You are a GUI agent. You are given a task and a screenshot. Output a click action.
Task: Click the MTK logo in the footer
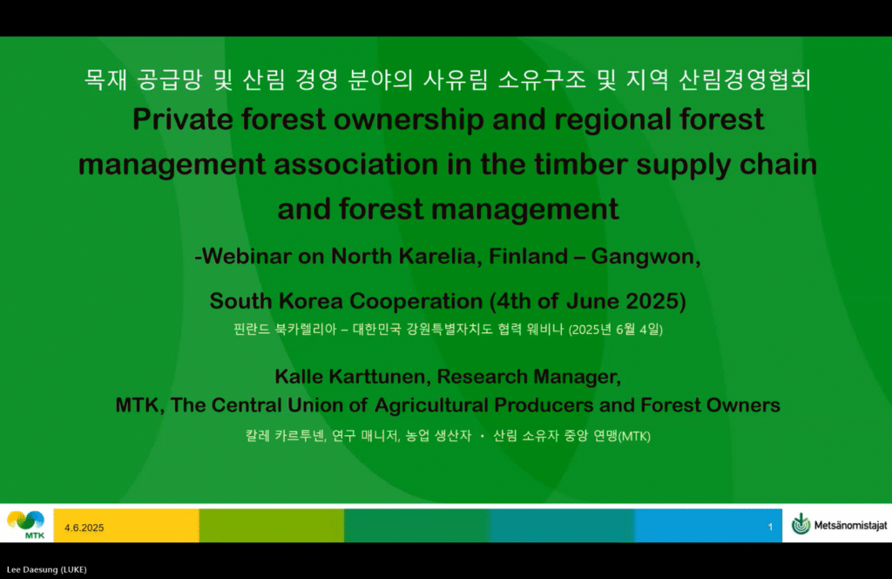click(26, 524)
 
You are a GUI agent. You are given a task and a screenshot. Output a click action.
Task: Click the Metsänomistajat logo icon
click(801, 524)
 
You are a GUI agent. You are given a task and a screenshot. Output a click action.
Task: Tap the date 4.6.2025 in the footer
click(84, 528)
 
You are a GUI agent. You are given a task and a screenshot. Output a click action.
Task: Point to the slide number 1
click(770, 528)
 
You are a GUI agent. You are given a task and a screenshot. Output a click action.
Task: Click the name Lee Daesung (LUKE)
click(47, 569)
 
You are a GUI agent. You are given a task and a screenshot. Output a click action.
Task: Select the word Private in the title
click(183, 119)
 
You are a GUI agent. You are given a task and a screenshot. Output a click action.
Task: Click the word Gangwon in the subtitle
click(645, 257)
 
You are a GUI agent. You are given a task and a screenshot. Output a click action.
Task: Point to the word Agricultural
click(431, 405)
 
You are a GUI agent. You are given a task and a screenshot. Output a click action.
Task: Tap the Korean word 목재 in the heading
click(105, 79)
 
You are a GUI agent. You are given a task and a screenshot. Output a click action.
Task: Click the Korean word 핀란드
click(252, 329)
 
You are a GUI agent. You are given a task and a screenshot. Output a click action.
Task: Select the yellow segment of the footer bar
click(126, 526)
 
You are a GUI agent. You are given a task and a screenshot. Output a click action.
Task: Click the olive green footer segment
click(272, 526)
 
